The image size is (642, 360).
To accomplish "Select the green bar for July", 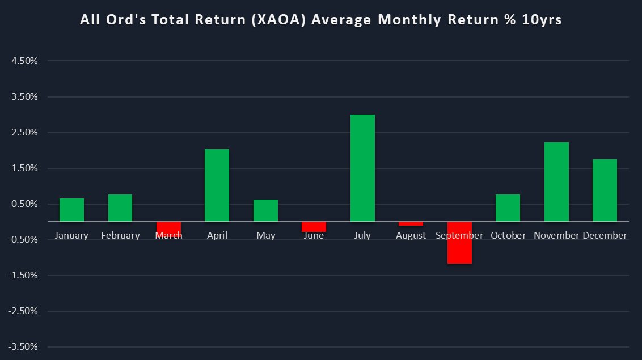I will [362, 168].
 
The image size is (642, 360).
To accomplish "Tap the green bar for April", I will [217, 185].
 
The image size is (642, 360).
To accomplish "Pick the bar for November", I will [556, 182].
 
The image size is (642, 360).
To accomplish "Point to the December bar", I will [605, 190].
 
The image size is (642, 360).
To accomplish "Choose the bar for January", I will [71, 210].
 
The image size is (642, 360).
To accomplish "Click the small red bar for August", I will [411, 223].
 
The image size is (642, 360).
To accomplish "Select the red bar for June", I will [314, 227].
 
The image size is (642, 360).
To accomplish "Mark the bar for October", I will [508, 208].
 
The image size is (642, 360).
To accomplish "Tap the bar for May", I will [265, 210].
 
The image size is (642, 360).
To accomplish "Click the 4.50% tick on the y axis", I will [24, 61].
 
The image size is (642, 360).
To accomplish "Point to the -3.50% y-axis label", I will [23, 347].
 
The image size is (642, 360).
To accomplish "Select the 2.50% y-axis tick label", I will [24, 133].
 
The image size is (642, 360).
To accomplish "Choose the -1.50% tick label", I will [23, 276].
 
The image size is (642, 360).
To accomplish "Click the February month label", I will [120, 235].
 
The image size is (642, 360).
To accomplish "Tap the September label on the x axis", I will [459, 235].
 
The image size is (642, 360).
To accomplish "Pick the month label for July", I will [362, 235].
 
